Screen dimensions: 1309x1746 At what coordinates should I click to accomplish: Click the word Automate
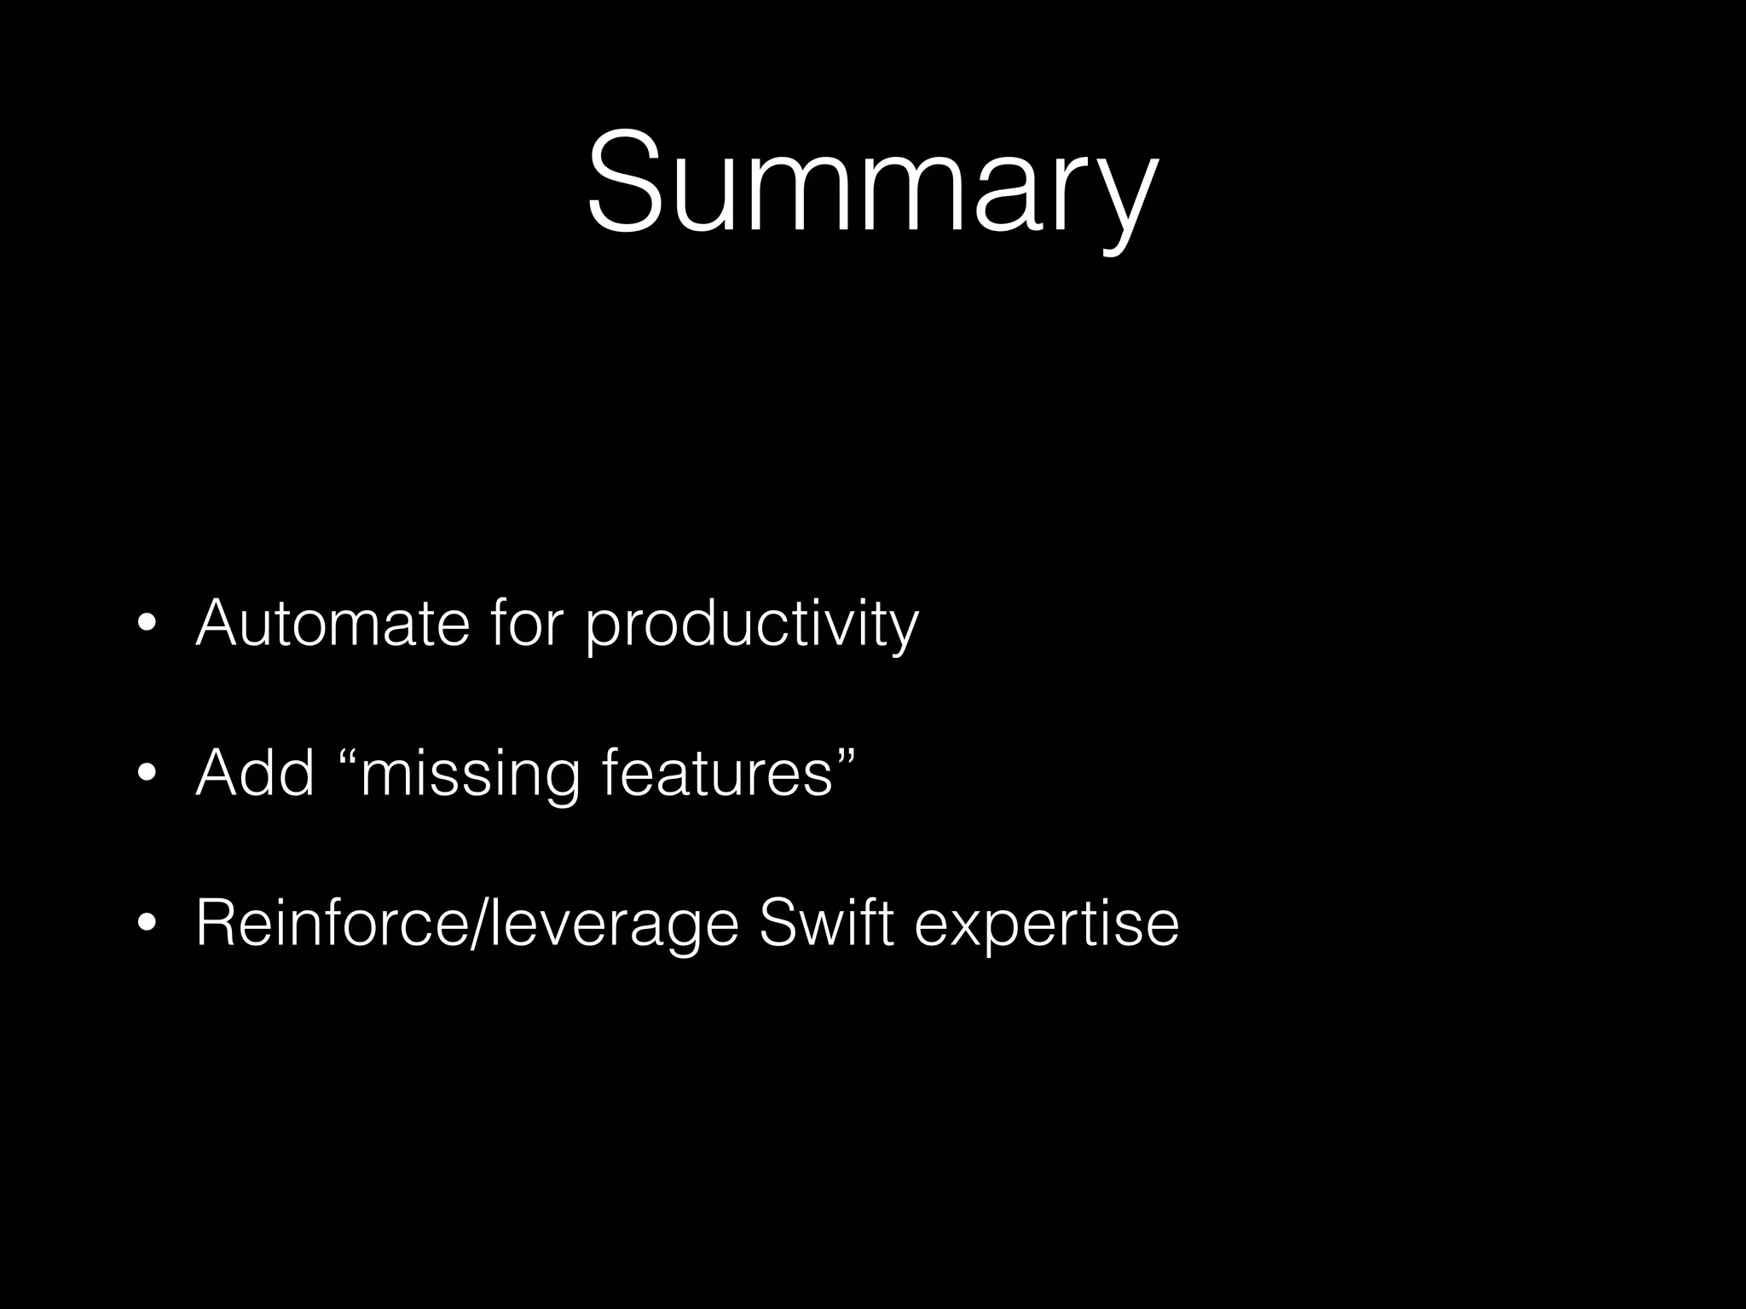[332, 623]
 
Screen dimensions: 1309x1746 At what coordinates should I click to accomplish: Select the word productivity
[752, 626]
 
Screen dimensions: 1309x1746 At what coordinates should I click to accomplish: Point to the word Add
[255, 773]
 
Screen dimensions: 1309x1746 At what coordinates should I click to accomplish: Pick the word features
[717, 773]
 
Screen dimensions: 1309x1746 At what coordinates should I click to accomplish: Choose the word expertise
[1047, 926]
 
